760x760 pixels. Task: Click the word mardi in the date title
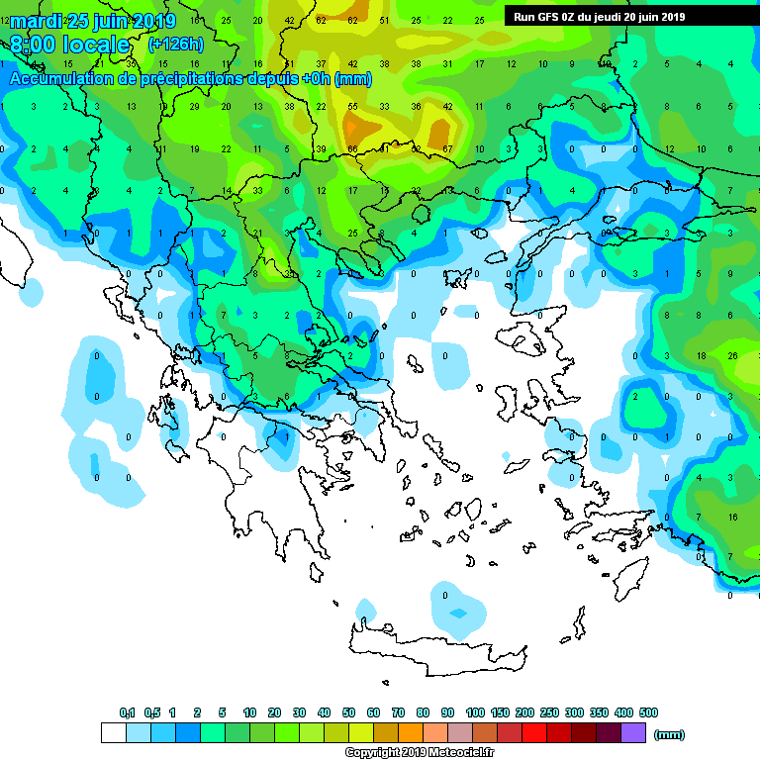point(36,21)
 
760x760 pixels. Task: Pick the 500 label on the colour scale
point(648,712)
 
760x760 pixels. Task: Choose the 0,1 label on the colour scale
point(127,712)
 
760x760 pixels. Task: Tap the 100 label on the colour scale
point(475,712)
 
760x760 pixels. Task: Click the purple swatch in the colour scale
point(633,732)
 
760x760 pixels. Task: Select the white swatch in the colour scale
point(114,732)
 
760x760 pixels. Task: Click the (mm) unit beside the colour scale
point(670,734)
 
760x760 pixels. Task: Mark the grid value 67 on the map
point(447,148)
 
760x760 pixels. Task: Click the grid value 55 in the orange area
point(352,106)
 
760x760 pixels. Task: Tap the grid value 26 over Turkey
point(732,354)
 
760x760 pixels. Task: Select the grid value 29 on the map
point(194,106)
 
